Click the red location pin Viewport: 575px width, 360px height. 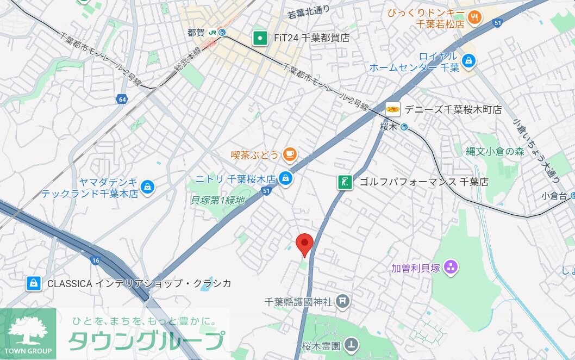[304, 243]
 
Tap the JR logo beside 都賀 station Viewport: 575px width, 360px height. [212, 33]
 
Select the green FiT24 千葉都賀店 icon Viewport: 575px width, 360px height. [261, 38]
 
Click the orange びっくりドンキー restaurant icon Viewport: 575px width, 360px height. [474, 17]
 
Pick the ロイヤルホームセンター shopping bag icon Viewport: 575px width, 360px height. [467, 61]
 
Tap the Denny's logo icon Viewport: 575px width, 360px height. [393, 109]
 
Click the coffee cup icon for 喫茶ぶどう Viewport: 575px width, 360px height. [289, 155]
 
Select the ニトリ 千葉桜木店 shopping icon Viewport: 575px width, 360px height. [285, 178]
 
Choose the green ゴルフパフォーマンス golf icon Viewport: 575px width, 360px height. [344, 182]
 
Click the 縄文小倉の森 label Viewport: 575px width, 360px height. [495, 152]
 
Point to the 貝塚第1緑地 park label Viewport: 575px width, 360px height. [217, 201]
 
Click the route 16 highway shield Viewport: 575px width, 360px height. [96, 260]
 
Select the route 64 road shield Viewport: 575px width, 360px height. [122, 99]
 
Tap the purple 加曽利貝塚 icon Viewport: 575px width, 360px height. [450, 267]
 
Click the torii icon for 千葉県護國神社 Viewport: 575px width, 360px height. [342, 300]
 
